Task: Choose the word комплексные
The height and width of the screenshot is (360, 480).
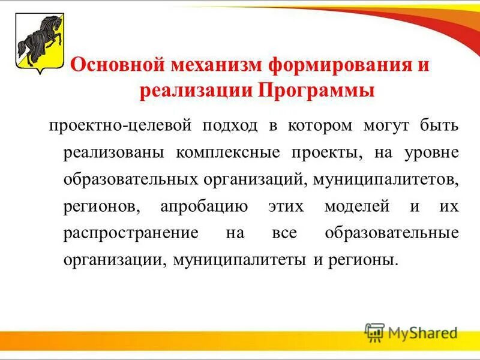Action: pyautogui.click(x=228, y=152)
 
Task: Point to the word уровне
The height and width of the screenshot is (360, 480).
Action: pyautogui.click(x=431, y=152)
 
